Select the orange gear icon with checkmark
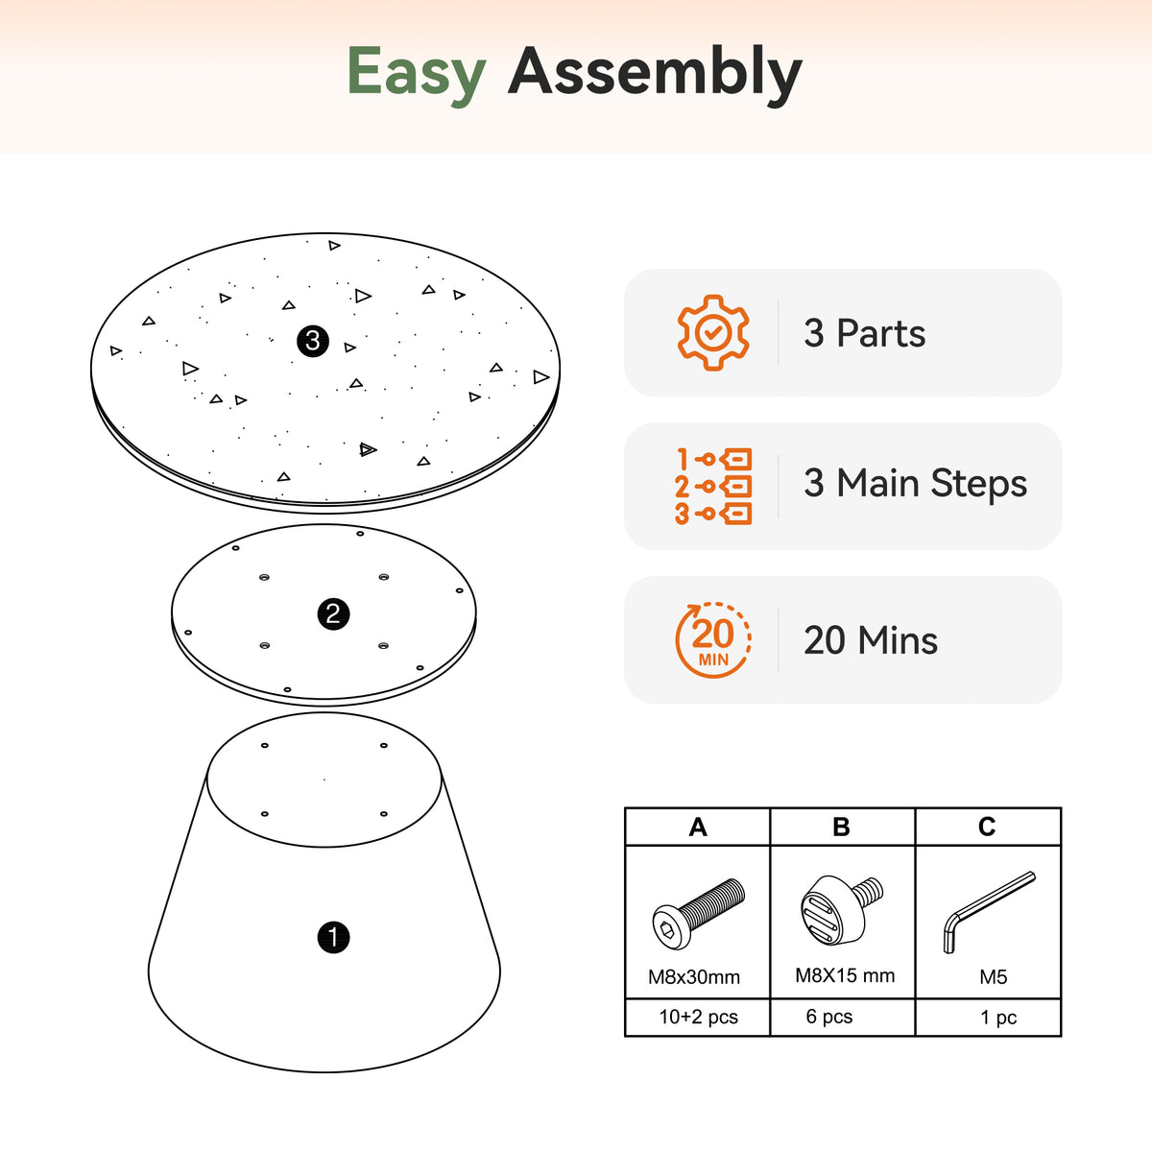712,332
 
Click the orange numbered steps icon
712,486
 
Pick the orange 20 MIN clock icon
712,639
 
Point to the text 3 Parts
864,333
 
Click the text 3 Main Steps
915,483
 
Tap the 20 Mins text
871,640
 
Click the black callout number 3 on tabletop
313,342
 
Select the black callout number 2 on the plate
333,614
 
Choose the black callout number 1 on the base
333,937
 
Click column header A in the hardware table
698,828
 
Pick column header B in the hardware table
842,828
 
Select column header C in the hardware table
987,827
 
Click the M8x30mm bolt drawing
698,914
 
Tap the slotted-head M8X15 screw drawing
841,910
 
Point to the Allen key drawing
989,912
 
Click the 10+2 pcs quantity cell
698,1017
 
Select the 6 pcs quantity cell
828,1017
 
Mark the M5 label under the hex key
993,977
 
